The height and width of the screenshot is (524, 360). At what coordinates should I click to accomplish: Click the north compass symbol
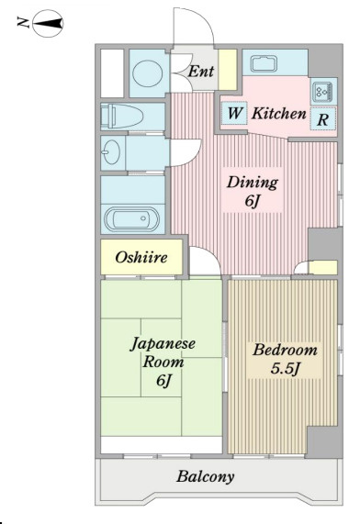[48, 23]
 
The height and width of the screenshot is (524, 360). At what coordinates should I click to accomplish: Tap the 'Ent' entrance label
[201, 71]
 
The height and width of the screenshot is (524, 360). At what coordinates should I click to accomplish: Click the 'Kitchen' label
[278, 113]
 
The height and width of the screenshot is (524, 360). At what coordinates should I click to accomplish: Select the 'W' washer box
[234, 113]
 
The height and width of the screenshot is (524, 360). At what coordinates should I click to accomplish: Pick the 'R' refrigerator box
[322, 119]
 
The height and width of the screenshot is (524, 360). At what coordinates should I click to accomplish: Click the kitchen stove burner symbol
[323, 91]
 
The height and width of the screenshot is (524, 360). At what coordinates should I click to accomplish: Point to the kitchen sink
[264, 63]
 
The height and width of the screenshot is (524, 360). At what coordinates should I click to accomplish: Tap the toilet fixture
[122, 116]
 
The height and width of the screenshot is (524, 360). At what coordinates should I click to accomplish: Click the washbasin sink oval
[111, 152]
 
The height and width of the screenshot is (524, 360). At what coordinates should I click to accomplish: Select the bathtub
[132, 218]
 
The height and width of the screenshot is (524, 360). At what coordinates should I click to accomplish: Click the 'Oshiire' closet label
[141, 257]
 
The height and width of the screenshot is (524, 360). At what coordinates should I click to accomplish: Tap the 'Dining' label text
[253, 183]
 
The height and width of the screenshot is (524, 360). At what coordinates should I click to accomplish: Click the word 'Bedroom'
[285, 351]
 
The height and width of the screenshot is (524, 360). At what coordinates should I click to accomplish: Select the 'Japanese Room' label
[163, 352]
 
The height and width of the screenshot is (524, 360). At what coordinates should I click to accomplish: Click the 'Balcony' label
[206, 477]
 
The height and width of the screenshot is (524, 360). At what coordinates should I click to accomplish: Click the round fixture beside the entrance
[148, 73]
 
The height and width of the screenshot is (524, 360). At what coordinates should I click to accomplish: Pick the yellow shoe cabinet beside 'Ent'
[228, 70]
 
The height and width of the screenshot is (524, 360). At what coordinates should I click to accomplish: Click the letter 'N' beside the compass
[24, 22]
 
